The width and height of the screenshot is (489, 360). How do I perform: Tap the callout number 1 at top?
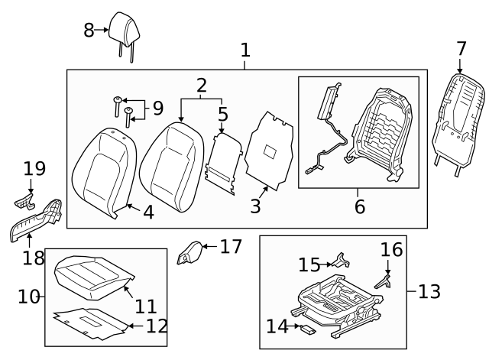[x=245, y=50]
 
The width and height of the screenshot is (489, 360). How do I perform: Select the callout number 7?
[x=461, y=48]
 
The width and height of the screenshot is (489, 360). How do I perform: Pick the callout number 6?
[x=359, y=206]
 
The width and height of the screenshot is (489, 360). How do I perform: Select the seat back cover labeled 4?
[x=103, y=173]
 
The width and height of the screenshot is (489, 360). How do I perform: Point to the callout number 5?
[x=222, y=115]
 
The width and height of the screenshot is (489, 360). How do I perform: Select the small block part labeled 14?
[x=308, y=329]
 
